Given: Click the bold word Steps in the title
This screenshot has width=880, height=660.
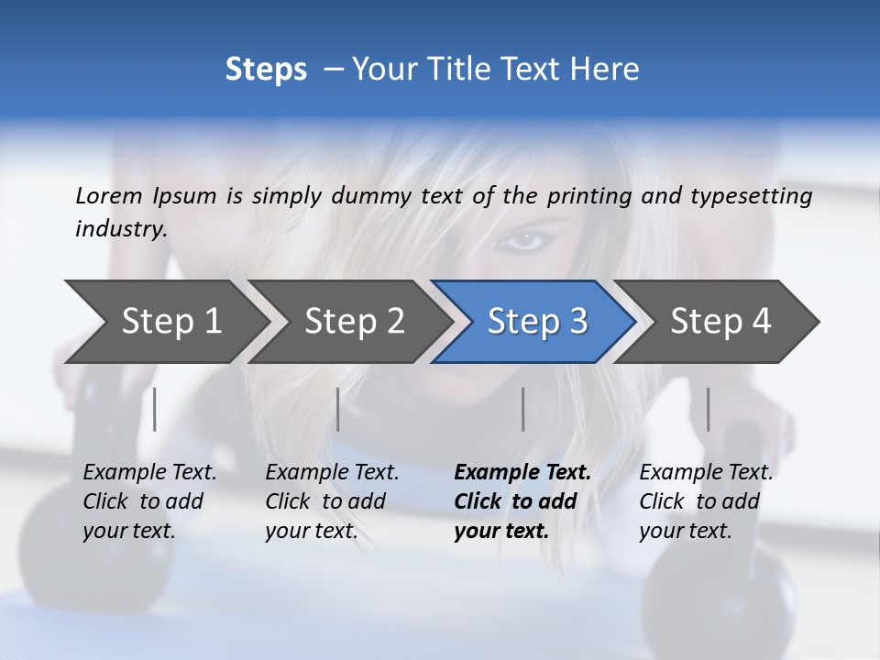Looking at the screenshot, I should coord(266,70).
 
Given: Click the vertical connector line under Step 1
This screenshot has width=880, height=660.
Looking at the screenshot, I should coord(155,409).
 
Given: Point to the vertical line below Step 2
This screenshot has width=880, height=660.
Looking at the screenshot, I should coord(338,409).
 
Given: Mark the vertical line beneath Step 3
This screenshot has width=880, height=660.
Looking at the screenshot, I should coord(523,409).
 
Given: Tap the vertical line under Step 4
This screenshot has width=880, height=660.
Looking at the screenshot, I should coord(709,409).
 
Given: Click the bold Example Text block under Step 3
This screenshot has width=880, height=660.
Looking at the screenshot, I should coord(522,501).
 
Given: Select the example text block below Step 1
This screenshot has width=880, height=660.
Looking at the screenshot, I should coord(149,501).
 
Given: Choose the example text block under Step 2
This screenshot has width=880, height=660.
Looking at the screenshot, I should coord(332,501).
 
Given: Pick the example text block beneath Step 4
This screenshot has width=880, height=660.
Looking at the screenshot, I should coord(706,501).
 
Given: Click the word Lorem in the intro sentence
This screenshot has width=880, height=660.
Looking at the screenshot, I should coord(109,195).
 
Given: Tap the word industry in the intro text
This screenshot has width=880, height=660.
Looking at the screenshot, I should coord(121,229).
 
